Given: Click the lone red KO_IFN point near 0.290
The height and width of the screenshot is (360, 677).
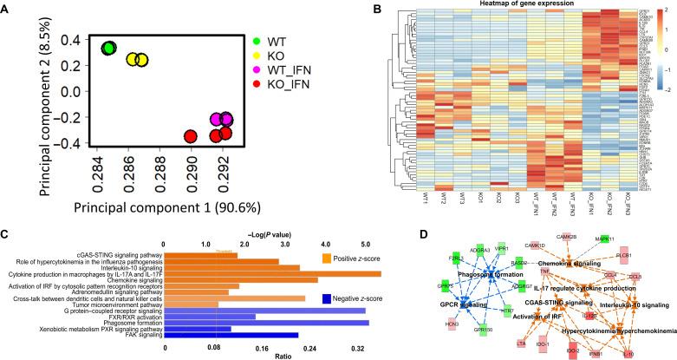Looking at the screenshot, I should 190,136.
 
